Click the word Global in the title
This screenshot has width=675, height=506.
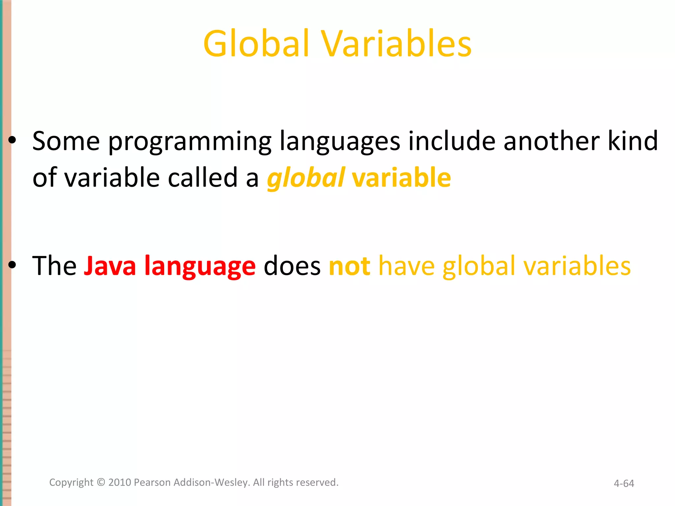(x=256, y=44)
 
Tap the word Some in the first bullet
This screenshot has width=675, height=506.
(x=66, y=141)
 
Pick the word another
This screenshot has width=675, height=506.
(x=551, y=141)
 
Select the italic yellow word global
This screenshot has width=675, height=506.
(x=306, y=178)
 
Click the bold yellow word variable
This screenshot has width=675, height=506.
(x=401, y=178)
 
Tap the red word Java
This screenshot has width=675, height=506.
(x=110, y=266)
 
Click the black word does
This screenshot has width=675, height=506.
(x=292, y=266)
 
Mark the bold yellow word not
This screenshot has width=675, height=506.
(x=349, y=266)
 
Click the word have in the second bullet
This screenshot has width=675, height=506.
(x=406, y=266)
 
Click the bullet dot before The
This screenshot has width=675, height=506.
(x=12, y=265)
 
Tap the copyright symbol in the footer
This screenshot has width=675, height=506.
(x=101, y=482)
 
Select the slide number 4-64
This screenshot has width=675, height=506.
(x=624, y=483)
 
